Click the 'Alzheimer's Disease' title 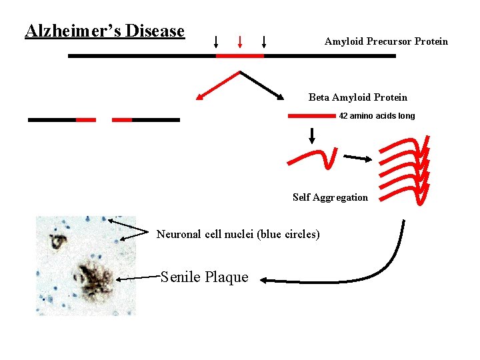coord(105,31)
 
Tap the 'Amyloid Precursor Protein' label coord(386,41)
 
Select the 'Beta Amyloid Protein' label coord(357,97)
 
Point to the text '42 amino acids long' coord(377,116)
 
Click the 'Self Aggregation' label coord(330,197)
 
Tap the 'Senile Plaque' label coord(205,277)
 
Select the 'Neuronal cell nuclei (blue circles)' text coord(238,234)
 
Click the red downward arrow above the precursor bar coord(240,41)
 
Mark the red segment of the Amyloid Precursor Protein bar coord(240,56)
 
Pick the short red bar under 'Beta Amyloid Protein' coord(311,116)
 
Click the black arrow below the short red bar coord(311,135)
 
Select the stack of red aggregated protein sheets coord(405,168)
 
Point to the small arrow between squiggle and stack coord(357,159)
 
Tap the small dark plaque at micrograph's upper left coord(57,240)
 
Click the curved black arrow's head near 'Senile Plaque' coord(263,281)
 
